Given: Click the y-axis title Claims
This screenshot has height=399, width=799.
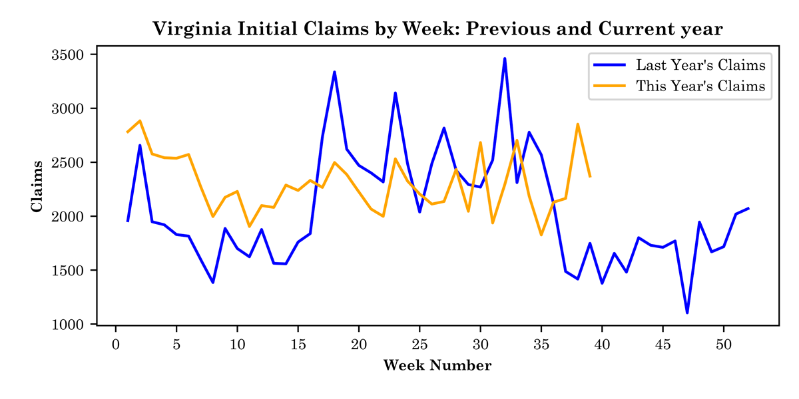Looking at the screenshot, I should point(37,186).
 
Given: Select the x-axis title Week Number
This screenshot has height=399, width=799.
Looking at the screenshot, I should point(437,365).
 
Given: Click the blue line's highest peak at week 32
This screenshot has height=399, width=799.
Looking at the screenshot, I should point(505,59).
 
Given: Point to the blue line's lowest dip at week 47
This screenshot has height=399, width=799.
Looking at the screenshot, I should point(687,313).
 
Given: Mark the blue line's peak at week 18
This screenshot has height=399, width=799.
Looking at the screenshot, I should point(334,72).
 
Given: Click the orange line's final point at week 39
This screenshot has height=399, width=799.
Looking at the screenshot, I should point(590,176).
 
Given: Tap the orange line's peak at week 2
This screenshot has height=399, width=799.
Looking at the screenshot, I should point(140,120).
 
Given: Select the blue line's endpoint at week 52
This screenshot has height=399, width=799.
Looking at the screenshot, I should point(748,208).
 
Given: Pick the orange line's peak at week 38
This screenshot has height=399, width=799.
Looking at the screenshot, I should point(577,124).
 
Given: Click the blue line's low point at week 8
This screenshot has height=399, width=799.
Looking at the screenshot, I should point(213,283).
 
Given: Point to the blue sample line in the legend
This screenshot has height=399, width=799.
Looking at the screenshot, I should point(609,65).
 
